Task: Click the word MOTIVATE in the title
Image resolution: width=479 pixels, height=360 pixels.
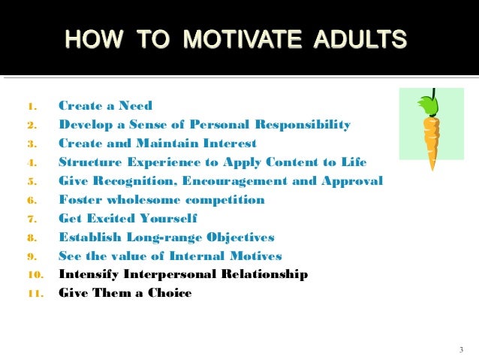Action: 225,38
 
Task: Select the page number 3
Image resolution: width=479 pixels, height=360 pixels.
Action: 460,349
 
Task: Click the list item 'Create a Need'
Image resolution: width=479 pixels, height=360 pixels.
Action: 105,106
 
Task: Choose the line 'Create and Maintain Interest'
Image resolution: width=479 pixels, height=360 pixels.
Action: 157,144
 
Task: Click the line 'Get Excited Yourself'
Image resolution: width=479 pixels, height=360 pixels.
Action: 128,219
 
